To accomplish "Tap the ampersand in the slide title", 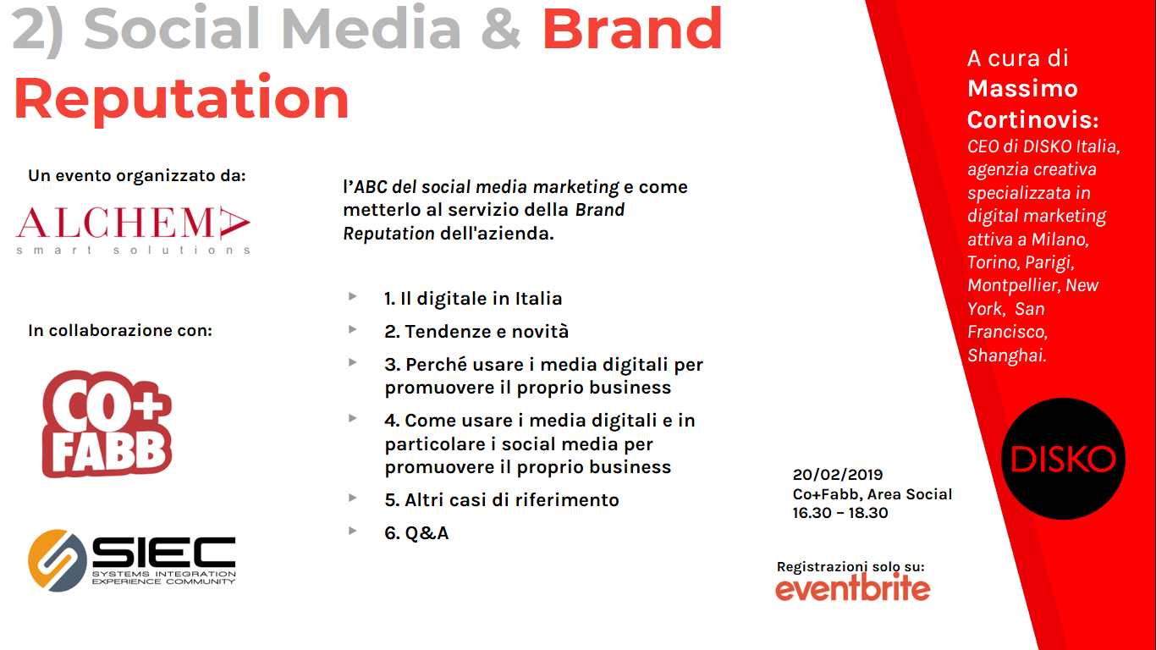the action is pos(501,29).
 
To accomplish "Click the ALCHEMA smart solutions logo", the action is pos(133,230).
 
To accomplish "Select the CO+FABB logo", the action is pos(107,424).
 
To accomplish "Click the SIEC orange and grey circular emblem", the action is pos(58,560).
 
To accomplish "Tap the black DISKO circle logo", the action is pos(1063,459).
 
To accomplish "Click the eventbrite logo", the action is pos(852,588).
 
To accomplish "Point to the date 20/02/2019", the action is pos(838,475).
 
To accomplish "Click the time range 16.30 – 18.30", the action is pos(840,513).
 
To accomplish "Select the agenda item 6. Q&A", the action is pos(416,533).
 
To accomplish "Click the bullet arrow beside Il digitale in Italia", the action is pos(353,296).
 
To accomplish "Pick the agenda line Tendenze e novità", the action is pos(476,332).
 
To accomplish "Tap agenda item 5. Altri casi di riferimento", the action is pos(502,499).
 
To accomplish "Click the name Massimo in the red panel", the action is pos(1022,88).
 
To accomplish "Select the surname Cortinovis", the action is pos(1032,120).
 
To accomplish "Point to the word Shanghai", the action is pos(1006,355).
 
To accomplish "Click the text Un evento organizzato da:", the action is pos(137,176).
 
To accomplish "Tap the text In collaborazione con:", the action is pos(119,330).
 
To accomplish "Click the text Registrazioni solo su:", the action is pos(850,567).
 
